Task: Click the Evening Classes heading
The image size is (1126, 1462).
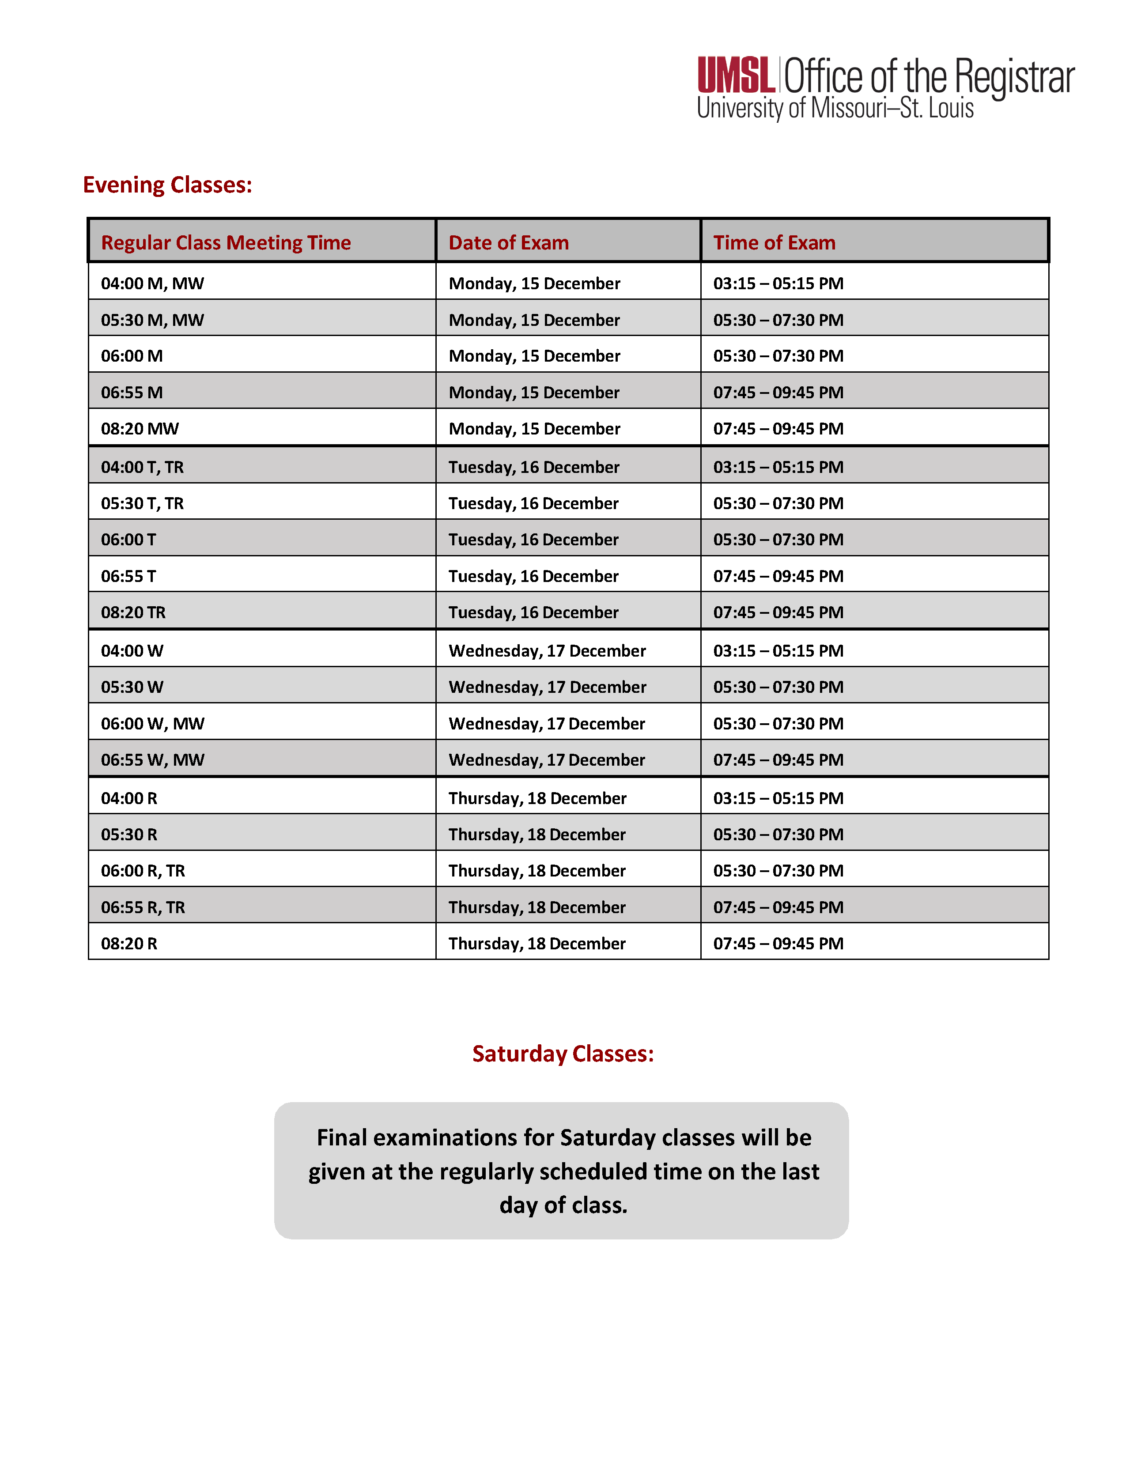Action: tap(167, 185)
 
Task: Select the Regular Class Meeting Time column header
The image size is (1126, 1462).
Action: tap(226, 242)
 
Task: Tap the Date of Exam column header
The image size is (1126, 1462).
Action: tap(508, 242)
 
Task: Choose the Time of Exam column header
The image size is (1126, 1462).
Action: tap(774, 242)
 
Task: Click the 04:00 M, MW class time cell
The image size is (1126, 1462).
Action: tap(153, 283)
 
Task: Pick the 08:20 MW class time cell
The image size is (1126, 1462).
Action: tap(140, 428)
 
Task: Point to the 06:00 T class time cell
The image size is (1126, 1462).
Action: tap(128, 540)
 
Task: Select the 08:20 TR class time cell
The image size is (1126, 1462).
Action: tap(133, 612)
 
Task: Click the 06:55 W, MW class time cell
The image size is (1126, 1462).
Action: tap(153, 760)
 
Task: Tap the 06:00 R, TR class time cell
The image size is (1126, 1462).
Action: tap(143, 871)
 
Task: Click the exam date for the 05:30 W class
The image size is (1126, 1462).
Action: tap(547, 687)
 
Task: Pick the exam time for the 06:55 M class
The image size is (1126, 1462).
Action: tap(778, 392)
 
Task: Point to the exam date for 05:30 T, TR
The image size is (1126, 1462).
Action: tap(533, 503)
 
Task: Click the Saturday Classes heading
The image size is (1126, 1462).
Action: tap(562, 1054)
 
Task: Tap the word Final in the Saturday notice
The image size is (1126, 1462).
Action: tap(341, 1137)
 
